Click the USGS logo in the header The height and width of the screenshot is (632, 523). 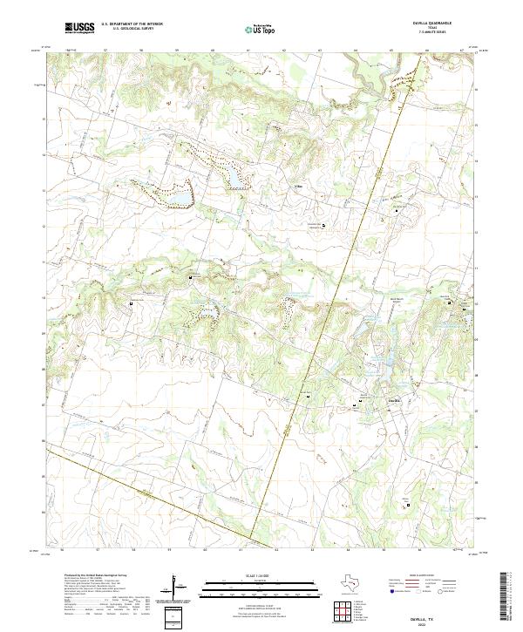pos(80,29)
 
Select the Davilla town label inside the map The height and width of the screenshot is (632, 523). pos(393,401)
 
